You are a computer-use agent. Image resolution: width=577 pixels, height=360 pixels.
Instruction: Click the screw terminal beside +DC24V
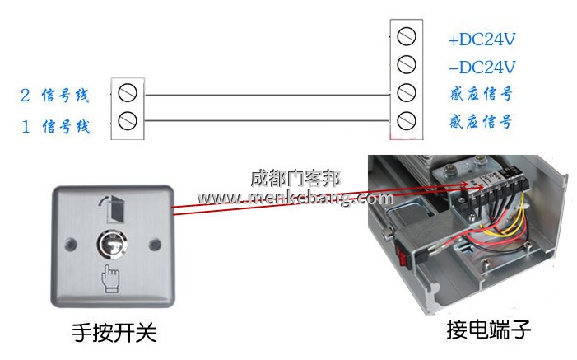point(406,37)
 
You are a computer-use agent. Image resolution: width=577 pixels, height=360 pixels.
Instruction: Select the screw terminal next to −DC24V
point(406,64)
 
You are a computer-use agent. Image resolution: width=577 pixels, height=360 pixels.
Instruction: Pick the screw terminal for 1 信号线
point(128,122)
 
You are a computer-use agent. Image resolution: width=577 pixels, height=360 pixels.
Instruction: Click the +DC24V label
point(482,40)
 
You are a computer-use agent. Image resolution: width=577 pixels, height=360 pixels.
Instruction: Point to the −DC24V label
point(482,68)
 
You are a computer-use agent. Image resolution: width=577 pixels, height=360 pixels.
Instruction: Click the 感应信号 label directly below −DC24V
point(481,95)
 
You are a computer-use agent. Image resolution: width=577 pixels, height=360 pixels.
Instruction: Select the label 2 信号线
point(54,96)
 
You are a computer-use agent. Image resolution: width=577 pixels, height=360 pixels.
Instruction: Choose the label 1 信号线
point(54,127)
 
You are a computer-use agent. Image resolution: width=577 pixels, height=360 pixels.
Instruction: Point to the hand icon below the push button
point(110,278)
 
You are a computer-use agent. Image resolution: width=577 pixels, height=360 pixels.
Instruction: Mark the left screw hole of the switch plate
point(69,245)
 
